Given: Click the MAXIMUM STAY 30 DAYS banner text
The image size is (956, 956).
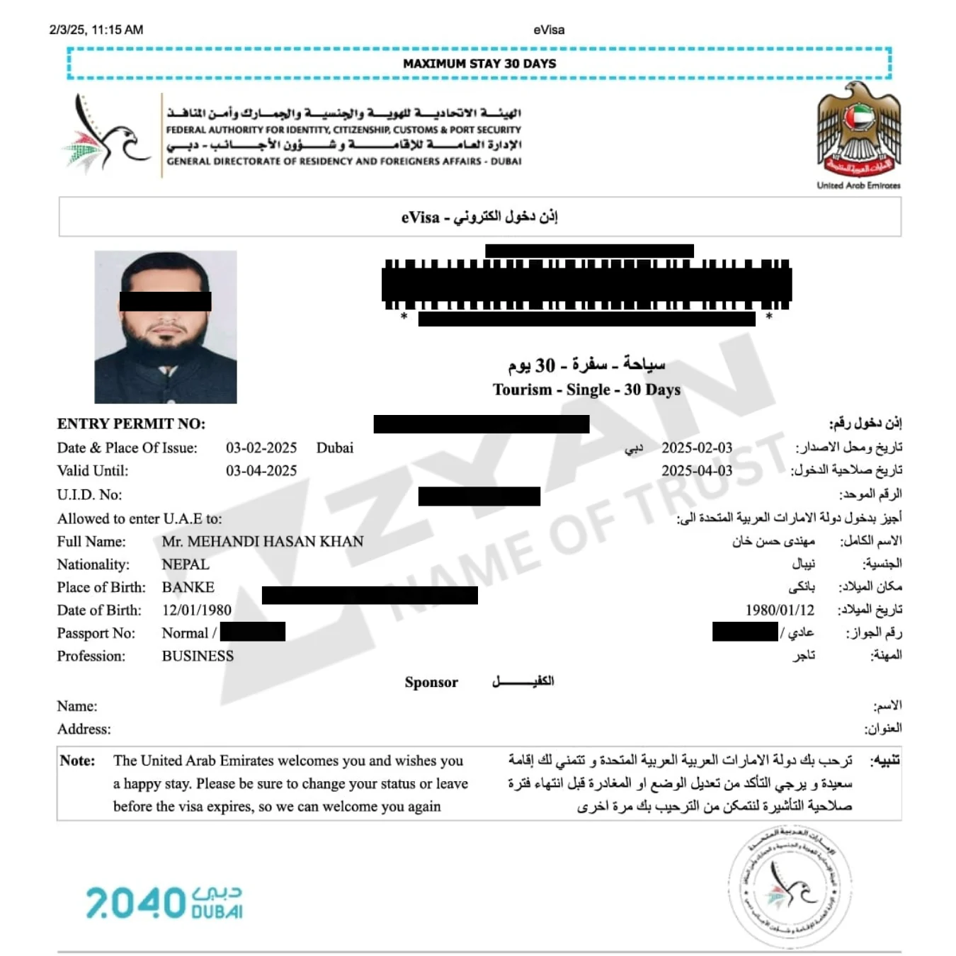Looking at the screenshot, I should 479,64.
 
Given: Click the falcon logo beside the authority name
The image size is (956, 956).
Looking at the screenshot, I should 108,135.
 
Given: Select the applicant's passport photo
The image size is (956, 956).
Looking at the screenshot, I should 166,327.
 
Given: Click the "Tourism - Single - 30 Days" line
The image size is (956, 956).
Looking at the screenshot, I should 586,389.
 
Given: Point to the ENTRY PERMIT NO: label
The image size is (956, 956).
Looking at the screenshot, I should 131,423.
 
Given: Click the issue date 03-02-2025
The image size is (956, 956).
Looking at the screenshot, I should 261,448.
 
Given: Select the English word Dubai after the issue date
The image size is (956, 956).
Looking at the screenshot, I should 334,448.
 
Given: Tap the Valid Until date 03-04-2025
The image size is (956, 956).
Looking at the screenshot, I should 261,470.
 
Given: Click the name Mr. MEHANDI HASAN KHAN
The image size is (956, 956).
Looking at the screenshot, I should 263,541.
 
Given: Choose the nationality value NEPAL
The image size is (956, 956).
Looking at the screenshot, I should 186,564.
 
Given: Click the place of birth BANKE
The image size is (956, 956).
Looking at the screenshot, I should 188,587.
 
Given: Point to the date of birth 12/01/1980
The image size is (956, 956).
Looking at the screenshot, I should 196,610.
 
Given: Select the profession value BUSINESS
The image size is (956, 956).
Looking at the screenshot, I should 198,656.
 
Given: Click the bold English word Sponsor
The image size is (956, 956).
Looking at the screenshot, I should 431,682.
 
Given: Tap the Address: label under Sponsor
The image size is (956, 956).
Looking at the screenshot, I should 84,729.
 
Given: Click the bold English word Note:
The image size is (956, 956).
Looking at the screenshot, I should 77,761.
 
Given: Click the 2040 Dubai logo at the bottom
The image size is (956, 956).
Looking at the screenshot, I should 164,902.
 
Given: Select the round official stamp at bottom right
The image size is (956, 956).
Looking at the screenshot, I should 790,887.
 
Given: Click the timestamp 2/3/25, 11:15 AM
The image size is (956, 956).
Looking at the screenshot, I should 96,30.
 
